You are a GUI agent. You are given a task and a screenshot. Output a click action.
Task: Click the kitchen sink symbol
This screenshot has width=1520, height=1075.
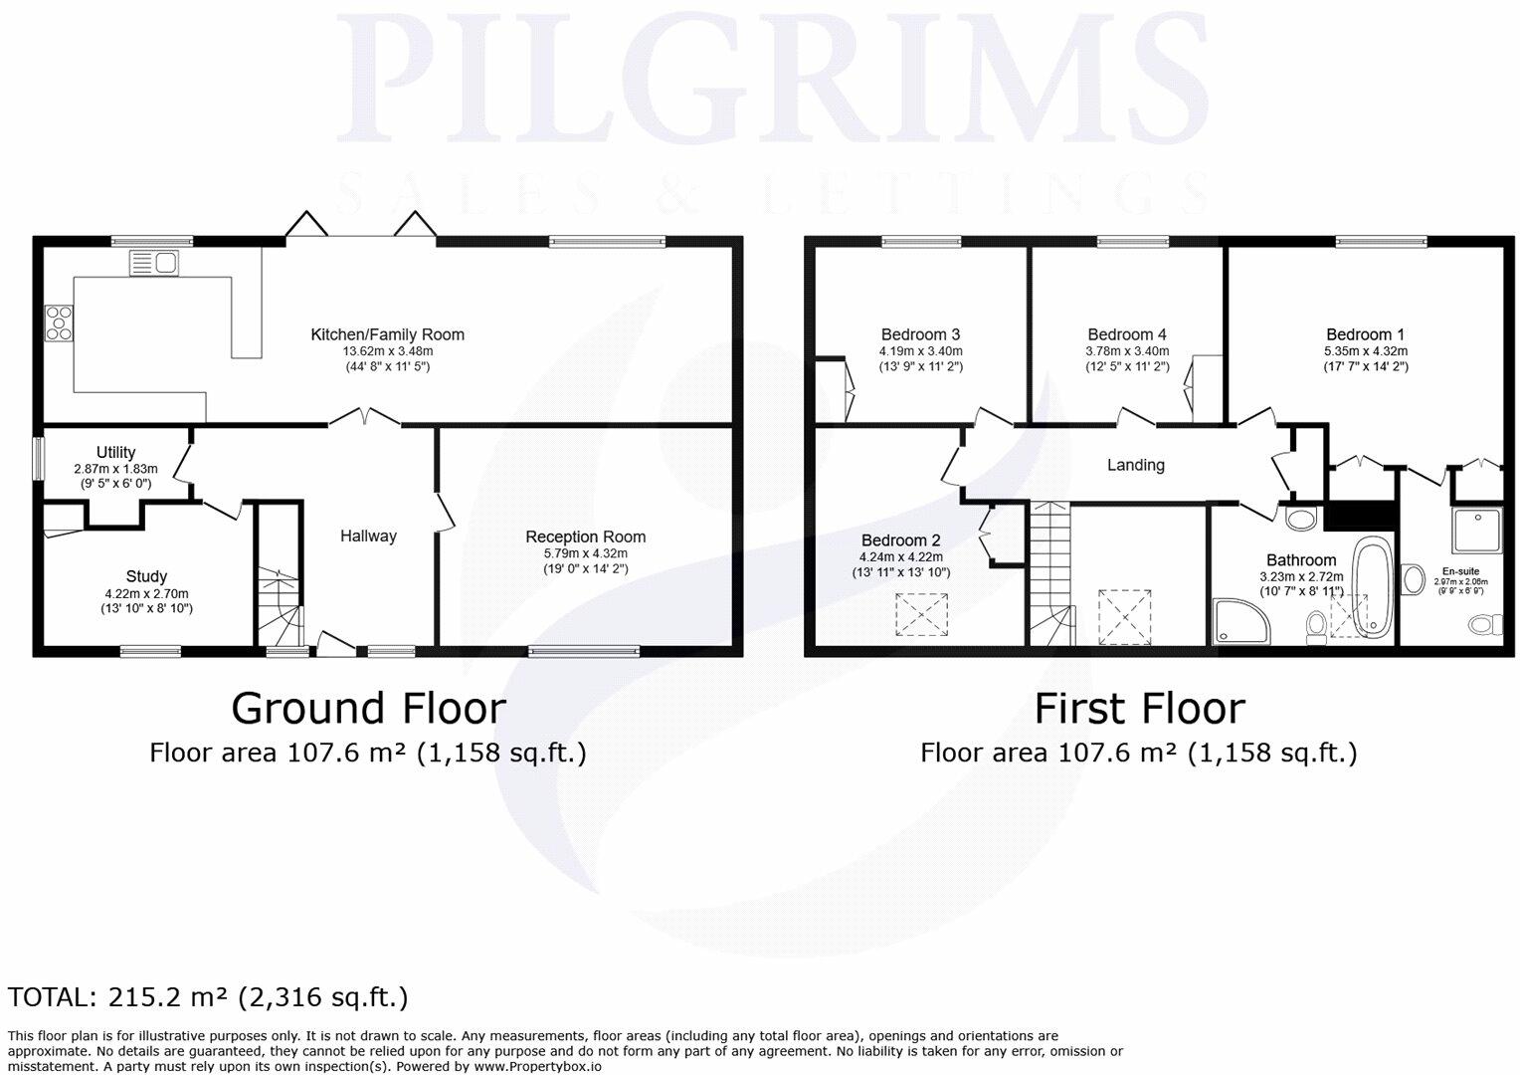click(153, 263)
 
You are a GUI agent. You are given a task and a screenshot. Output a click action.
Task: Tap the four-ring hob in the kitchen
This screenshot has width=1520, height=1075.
click(59, 323)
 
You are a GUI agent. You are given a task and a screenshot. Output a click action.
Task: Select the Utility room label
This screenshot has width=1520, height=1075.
click(115, 453)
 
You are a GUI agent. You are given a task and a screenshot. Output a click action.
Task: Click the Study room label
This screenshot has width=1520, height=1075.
click(146, 576)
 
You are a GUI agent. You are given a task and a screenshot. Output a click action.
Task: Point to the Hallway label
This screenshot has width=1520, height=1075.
click(368, 536)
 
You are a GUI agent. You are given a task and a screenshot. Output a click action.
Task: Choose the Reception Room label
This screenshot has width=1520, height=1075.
click(585, 537)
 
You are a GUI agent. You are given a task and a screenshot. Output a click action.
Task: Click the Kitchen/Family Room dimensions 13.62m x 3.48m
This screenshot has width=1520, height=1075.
click(387, 351)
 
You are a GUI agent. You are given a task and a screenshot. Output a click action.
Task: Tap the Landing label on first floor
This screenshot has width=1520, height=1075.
click(1135, 465)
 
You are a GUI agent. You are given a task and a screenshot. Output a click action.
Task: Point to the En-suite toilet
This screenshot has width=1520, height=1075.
click(1484, 624)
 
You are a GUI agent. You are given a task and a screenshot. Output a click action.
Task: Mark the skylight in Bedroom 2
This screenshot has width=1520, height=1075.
click(922, 614)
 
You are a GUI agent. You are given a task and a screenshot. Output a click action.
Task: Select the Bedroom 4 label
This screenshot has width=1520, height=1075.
click(1127, 334)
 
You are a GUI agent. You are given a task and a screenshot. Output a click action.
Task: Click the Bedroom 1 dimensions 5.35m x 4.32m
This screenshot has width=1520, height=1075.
click(1365, 351)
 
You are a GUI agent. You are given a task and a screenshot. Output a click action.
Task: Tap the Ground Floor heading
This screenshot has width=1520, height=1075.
click(368, 709)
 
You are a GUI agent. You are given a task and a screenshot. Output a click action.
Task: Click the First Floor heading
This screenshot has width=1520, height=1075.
click(1139, 709)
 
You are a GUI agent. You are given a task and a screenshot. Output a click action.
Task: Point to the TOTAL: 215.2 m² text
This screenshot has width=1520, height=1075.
click(208, 997)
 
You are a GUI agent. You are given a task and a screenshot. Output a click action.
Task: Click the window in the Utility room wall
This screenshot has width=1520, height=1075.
click(38, 459)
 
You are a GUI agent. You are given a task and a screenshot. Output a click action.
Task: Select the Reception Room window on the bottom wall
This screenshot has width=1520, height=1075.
click(584, 652)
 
